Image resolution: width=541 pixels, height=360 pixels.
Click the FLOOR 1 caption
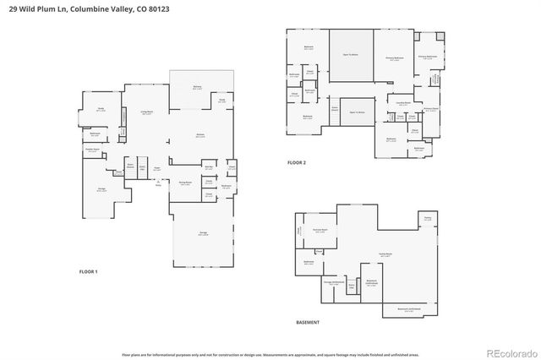pyautogui.click(x=89, y=271)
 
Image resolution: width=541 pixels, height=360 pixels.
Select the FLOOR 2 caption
pyautogui.click(x=296, y=162)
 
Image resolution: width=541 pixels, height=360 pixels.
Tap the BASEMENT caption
pyautogui.click(x=307, y=323)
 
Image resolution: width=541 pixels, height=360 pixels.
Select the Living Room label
pyautogui.click(x=146, y=112)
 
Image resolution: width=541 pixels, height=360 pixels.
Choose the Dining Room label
pyautogui.click(x=184, y=183)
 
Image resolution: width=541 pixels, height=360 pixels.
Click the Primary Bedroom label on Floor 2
pyautogui.click(x=393, y=58)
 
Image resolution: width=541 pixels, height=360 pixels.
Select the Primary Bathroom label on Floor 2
pyautogui.click(x=427, y=57)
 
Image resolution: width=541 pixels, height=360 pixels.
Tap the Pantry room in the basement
pyautogui.click(x=427, y=218)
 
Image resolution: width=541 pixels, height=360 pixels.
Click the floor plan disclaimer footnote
pyautogui.click(x=270, y=342)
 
